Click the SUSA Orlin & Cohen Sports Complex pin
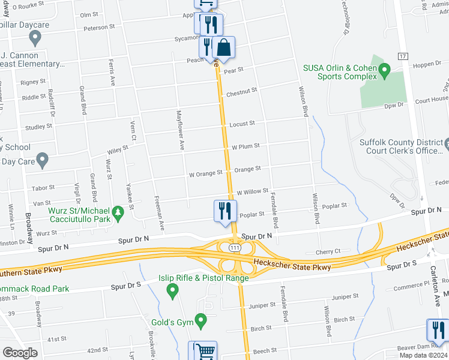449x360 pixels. point(385,73)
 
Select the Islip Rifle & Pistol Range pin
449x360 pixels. point(173,292)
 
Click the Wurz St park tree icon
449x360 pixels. point(118,212)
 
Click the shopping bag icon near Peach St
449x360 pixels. point(224,48)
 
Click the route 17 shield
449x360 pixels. point(403,56)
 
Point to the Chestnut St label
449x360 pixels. point(241,91)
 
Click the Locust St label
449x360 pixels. point(242,124)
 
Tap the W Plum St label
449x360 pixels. point(246,146)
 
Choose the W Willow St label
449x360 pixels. point(252,192)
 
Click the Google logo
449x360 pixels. point(20,353)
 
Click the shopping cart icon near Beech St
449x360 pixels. point(204,350)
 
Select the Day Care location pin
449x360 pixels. point(42,160)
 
